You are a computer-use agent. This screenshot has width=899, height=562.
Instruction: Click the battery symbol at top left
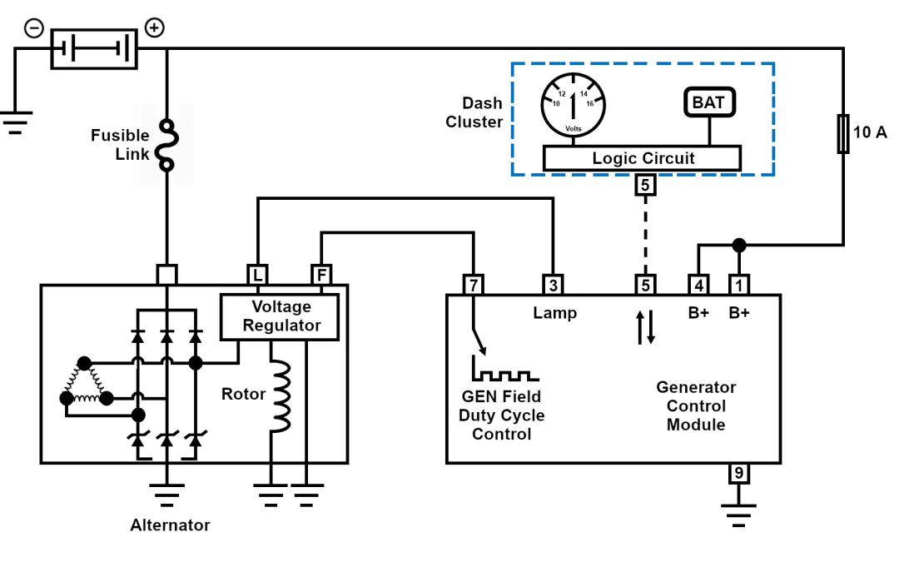(93, 48)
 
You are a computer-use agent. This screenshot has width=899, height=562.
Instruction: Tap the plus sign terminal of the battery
(154, 27)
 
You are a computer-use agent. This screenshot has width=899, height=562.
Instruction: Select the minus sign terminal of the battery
(34, 27)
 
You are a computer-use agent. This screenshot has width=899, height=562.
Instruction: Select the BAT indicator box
(709, 102)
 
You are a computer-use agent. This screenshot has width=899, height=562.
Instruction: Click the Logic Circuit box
(642, 158)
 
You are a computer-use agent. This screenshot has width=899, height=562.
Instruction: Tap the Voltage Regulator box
(279, 316)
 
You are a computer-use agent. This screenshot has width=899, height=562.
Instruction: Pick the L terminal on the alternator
(256, 274)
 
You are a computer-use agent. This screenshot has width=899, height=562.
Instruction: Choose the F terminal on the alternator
(320, 274)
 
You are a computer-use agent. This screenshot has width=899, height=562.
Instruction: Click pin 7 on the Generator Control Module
(473, 285)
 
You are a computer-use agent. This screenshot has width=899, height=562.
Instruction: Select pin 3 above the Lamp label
(553, 285)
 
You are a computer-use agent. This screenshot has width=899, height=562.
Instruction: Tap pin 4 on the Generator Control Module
(698, 285)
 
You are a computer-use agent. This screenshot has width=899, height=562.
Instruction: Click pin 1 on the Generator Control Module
(738, 285)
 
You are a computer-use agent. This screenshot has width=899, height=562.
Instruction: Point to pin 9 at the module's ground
(738, 474)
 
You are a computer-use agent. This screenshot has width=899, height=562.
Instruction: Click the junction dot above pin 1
(738, 245)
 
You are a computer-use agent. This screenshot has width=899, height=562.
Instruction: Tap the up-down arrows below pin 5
(646, 327)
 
